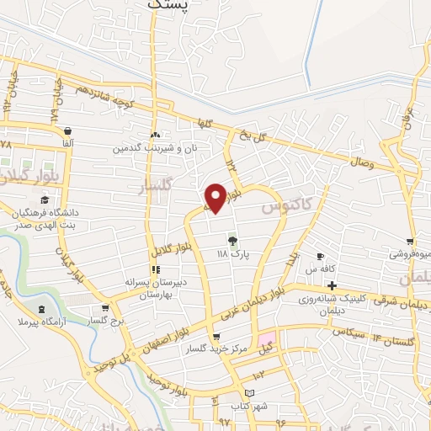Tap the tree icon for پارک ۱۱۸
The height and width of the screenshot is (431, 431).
click(x=231, y=240)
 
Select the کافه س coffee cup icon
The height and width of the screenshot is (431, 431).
click(x=320, y=256)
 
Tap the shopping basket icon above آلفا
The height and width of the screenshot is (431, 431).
click(x=67, y=131)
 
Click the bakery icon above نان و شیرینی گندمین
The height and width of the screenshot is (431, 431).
click(x=155, y=134)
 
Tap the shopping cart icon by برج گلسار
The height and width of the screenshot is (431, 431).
click(x=104, y=308)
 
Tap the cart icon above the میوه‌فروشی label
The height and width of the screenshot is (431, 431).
click(x=410, y=242)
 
